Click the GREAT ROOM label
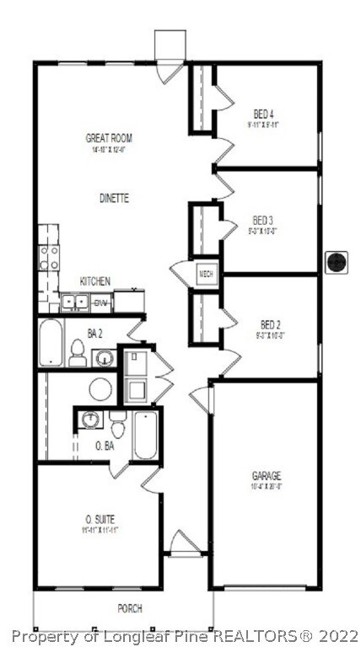tap(109, 138)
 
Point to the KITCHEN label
tap(95, 281)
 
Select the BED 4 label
tap(264, 114)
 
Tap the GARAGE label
tap(267, 476)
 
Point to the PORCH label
tap(129, 608)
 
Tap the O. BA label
tap(105, 445)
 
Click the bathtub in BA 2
tap(51, 343)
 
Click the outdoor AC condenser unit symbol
tap(337, 261)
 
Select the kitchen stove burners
tap(49, 256)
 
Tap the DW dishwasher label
tap(100, 302)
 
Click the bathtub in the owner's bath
tap(145, 434)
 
